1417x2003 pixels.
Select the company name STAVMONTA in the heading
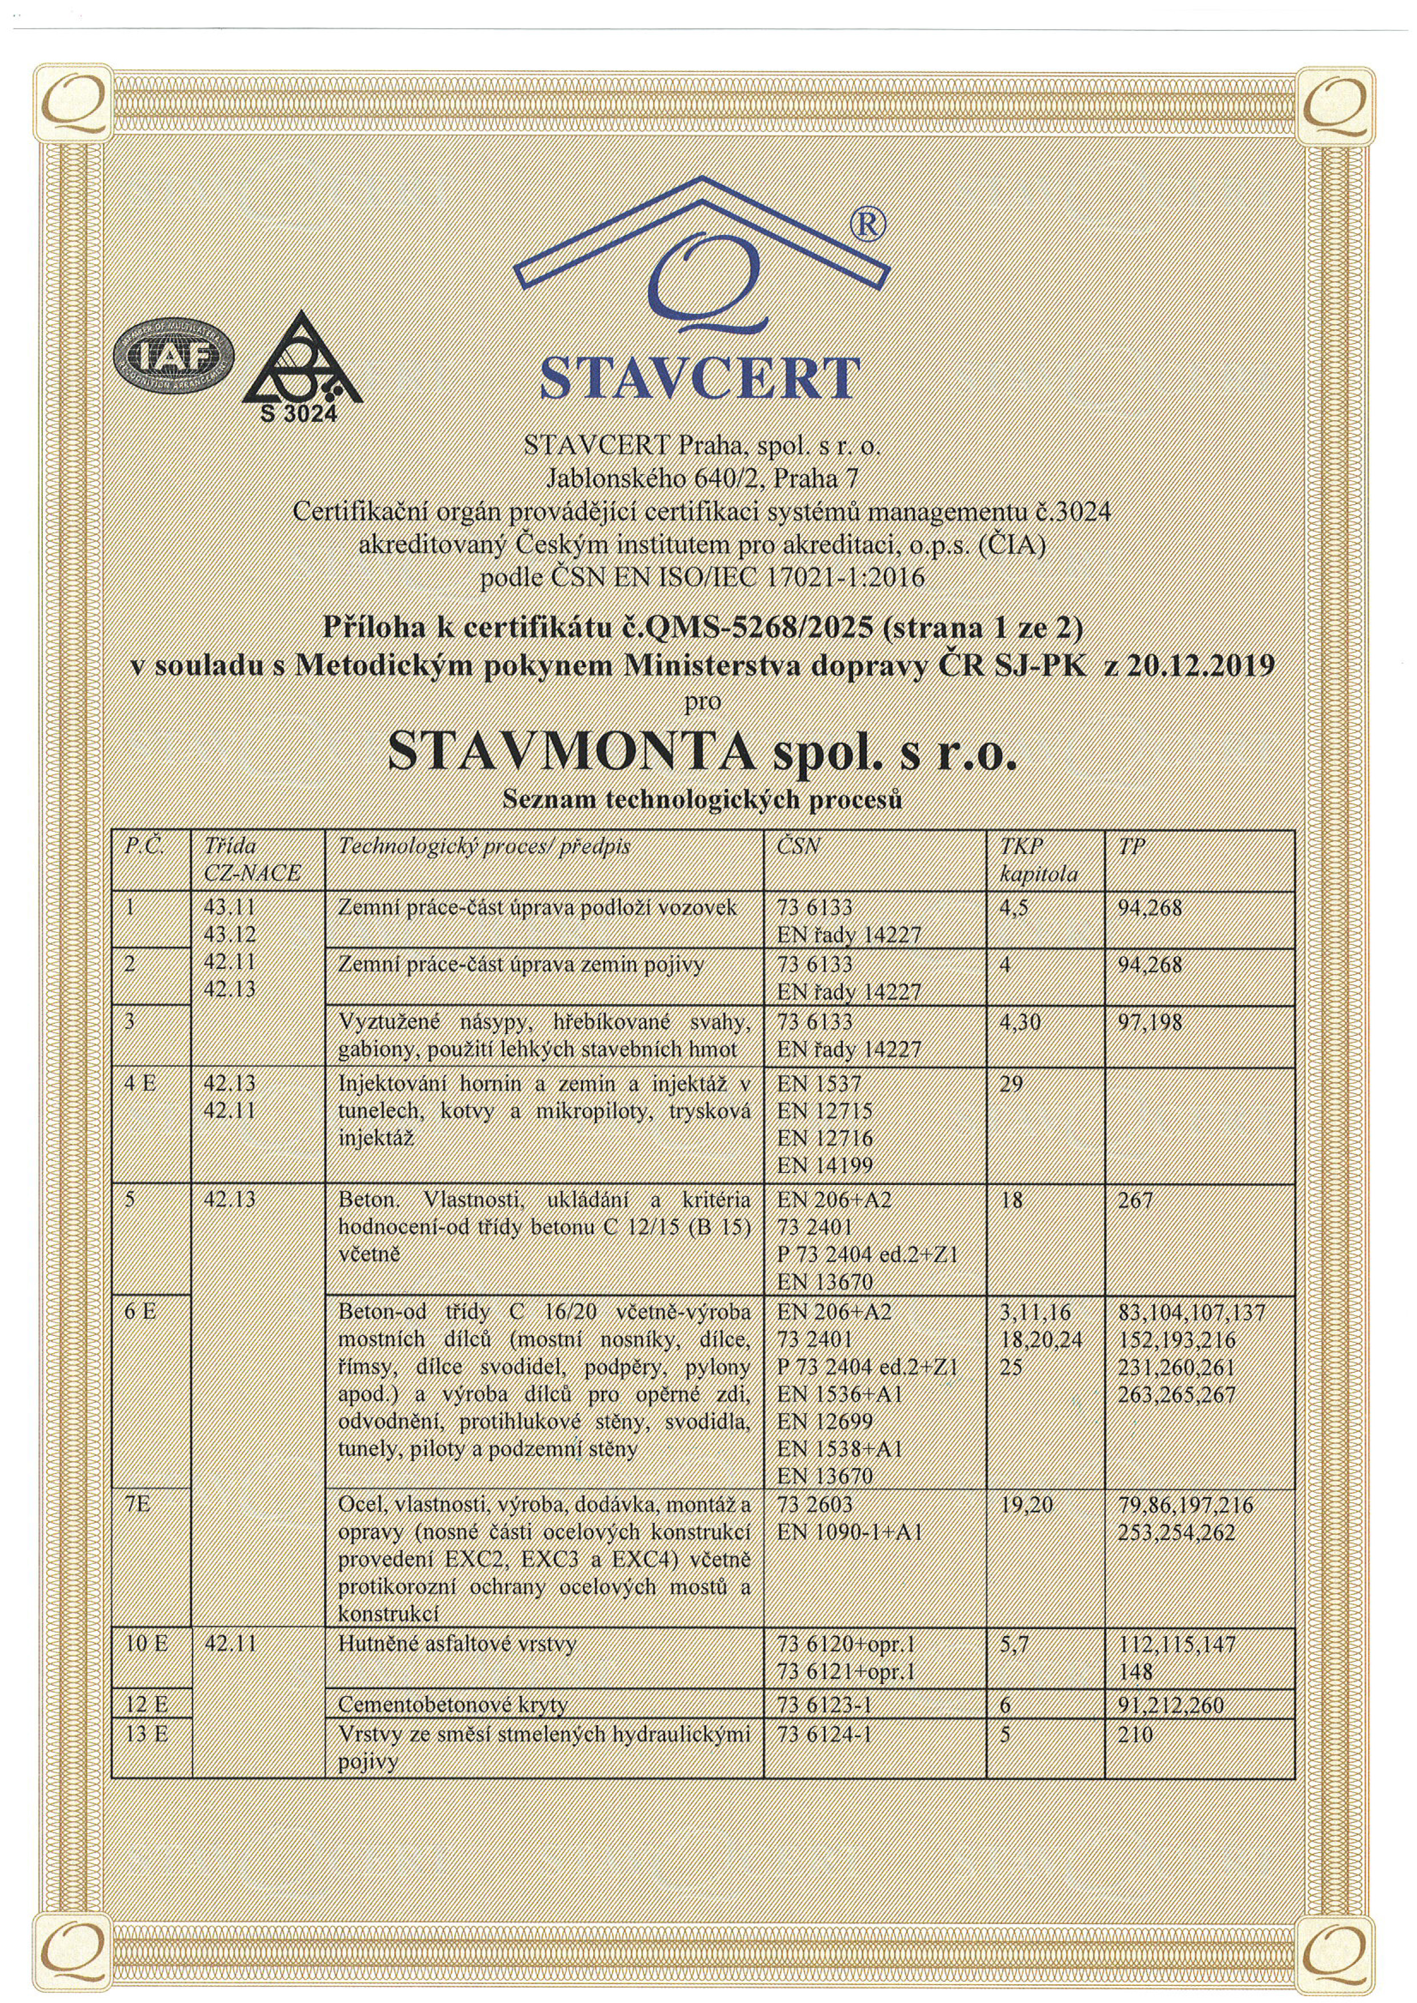(x=571, y=752)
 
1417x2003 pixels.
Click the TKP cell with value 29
(x=1012, y=1085)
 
